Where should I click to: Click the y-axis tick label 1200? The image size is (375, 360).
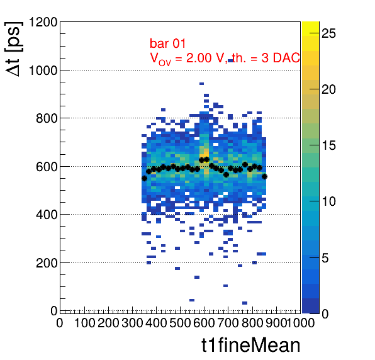pos(43,22)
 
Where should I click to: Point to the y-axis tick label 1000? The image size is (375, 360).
pos(43,70)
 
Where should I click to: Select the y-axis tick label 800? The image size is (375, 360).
pos(47,118)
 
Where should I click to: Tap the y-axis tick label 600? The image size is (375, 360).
pos(47,167)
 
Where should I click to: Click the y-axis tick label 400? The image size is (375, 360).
pos(47,215)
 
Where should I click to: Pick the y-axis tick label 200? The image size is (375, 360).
pos(47,263)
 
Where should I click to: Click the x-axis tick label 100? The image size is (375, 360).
pos(85,323)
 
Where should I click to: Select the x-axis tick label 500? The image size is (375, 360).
pos(180,323)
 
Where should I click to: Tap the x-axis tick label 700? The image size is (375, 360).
pos(228,323)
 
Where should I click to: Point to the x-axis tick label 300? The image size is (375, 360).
pos(132,323)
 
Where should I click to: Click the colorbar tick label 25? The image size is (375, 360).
pos(328,33)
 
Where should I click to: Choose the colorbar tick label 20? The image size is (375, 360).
pos(328,89)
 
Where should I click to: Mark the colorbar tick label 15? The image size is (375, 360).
pos(328,145)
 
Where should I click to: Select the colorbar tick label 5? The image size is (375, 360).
pos(325,258)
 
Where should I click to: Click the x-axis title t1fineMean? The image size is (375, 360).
pos(251,345)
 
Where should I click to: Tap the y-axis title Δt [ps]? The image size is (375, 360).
pos(14,49)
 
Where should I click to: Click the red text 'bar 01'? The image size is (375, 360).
pos(167,43)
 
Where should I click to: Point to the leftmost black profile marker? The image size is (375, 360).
pos(144,178)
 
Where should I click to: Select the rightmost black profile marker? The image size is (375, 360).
pos(264,176)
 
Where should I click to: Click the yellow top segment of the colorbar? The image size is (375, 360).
pos(310,29)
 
